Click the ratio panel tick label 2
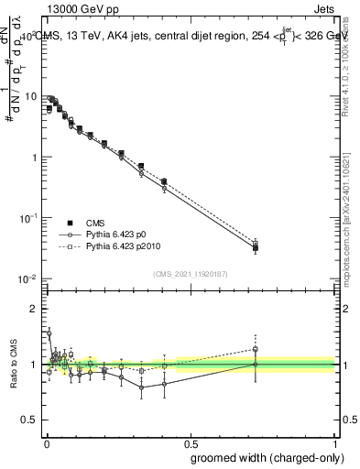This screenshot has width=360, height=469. coord(35,309)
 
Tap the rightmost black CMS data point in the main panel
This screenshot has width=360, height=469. coord(256,247)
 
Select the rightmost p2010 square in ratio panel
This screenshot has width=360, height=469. coord(256,349)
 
